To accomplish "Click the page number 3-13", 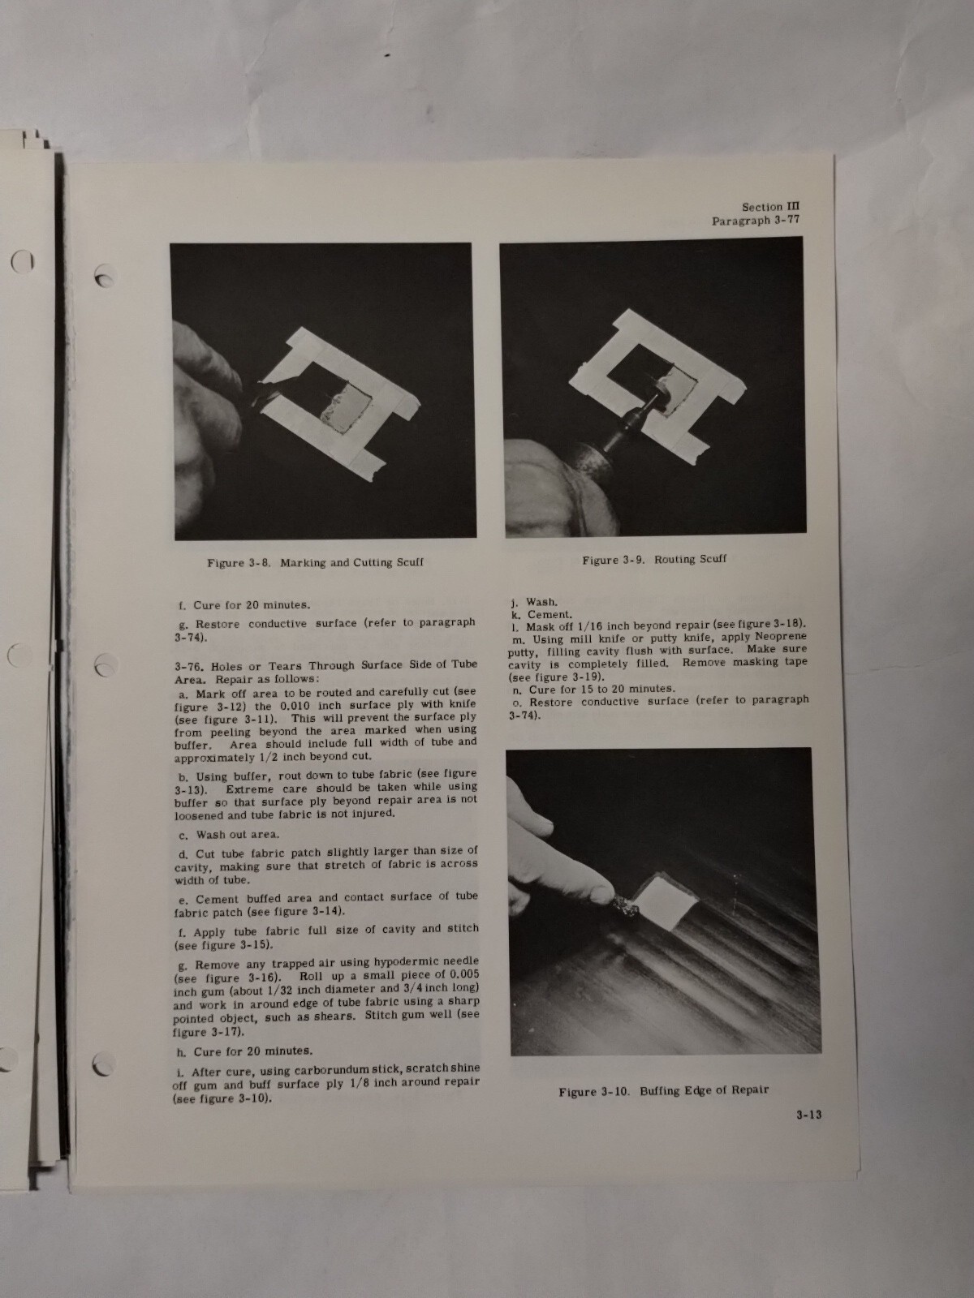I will [x=808, y=1115].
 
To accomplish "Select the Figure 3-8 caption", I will [x=315, y=562].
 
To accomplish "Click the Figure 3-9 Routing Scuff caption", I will [x=654, y=559].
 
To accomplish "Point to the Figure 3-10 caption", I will [x=663, y=1090].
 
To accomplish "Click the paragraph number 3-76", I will [x=187, y=665].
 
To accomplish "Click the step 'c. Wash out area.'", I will [x=228, y=834].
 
